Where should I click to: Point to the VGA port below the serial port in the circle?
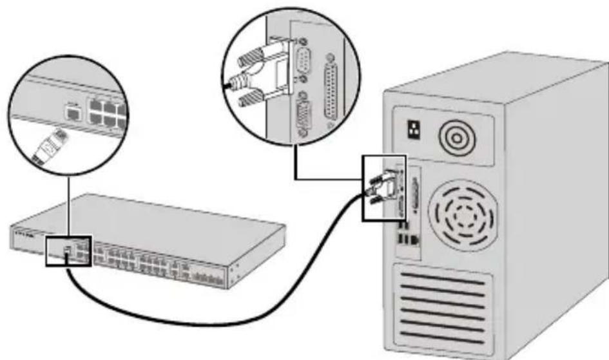[x=304, y=116]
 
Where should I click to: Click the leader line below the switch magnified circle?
[x=66, y=200]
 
